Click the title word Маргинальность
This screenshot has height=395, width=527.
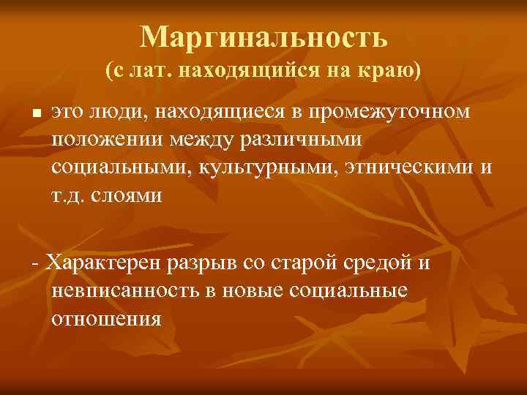click(263, 37)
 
